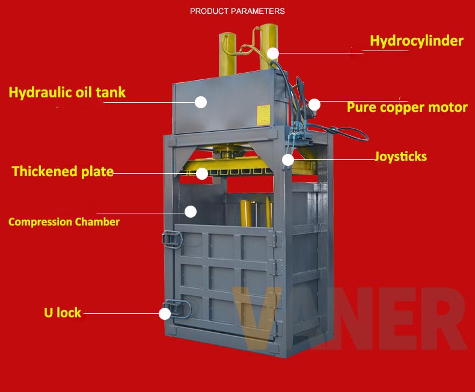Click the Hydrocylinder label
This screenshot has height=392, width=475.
click(416, 41)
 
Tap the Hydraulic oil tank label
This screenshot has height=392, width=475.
click(67, 93)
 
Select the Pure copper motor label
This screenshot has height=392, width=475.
click(407, 108)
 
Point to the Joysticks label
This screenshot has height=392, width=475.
click(400, 157)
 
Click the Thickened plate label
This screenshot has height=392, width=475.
click(63, 172)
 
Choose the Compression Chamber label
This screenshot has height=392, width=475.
click(64, 222)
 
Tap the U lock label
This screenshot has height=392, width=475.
click(62, 313)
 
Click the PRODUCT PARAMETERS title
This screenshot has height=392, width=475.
click(237, 11)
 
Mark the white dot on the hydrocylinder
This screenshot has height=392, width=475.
click(274, 54)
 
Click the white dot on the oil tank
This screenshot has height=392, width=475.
click(201, 102)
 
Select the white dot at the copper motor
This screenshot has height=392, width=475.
click(314, 105)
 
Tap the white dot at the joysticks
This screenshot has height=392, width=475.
click(288, 160)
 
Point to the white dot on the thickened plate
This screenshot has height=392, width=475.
click(202, 174)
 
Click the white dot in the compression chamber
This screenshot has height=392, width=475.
click(191, 212)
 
